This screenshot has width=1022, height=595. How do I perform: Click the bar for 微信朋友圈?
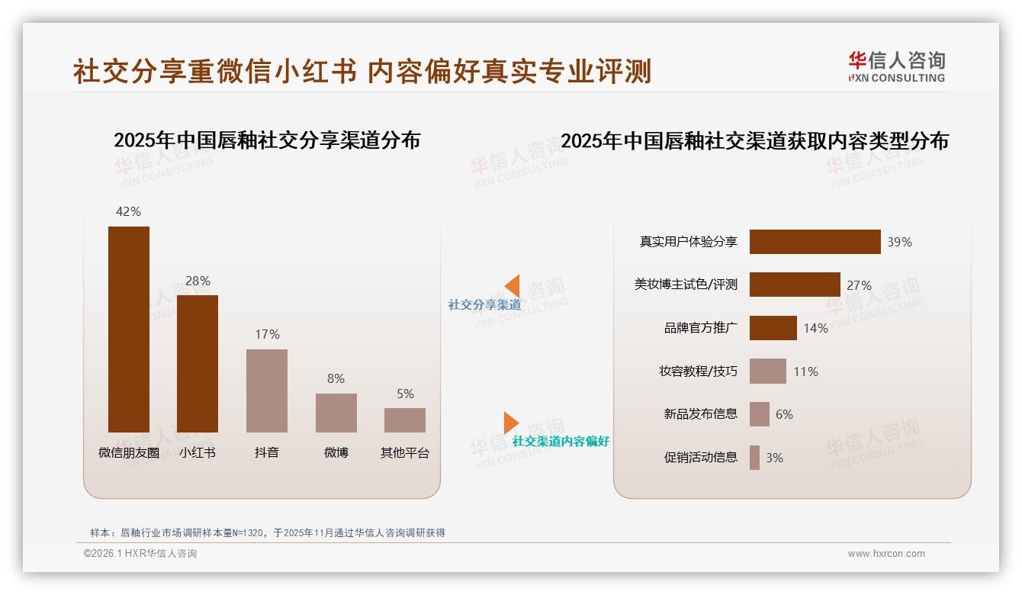(x=129, y=330)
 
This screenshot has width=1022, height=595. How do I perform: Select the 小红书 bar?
(x=198, y=364)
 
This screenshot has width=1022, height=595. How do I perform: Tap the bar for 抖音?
(x=267, y=391)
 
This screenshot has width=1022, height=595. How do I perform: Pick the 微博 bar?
(x=336, y=413)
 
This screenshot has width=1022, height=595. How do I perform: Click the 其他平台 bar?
(x=405, y=420)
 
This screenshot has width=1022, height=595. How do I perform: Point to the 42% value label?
(x=128, y=211)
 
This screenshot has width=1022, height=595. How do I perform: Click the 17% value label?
(x=267, y=334)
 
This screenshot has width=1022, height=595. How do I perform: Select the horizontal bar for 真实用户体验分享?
(x=815, y=242)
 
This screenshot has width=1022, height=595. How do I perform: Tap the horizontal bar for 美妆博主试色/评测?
(x=795, y=285)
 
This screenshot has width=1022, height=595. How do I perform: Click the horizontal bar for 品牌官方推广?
(x=773, y=328)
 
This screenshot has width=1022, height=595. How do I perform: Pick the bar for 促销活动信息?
(x=754, y=458)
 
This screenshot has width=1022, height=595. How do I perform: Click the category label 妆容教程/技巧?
(x=698, y=371)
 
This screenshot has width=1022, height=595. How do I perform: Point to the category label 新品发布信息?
(x=700, y=414)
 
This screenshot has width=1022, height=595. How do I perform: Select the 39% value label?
(x=899, y=242)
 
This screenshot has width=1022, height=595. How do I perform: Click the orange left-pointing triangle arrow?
(x=513, y=286)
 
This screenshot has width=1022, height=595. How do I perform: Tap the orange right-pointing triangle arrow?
(x=511, y=423)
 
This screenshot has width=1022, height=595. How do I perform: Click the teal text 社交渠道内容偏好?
(x=561, y=441)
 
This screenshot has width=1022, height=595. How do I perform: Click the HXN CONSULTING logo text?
(x=896, y=78)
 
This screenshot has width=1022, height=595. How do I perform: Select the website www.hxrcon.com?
(x=886, y=554)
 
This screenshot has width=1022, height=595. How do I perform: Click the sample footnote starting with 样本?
(x=267, y=532)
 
